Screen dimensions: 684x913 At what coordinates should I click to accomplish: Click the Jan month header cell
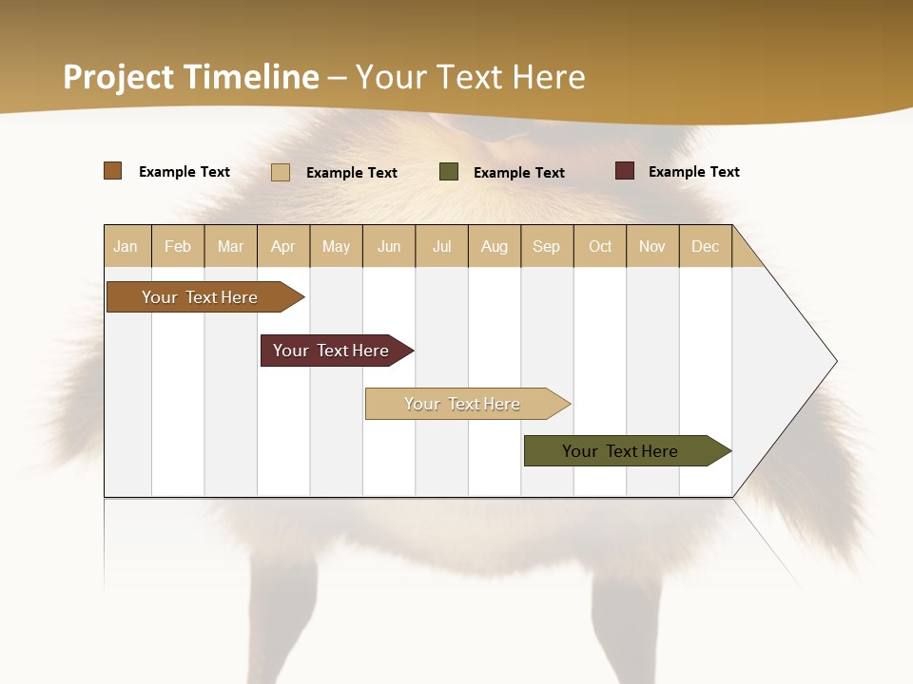pyautogui.click(x=126, y=246)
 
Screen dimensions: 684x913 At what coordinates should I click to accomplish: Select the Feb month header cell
pyautogui.click(x=178, y=246)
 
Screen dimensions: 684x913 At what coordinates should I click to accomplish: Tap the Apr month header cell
pyautogui.click(x=283, y=246)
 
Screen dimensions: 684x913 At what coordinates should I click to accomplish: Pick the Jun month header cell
pyautogui.click(x=389, y=246)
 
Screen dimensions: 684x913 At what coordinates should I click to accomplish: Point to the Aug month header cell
pyautogui.click(x=495, y=246)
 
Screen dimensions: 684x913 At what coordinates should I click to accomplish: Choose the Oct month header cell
pyautogui.click(x=600, y=246)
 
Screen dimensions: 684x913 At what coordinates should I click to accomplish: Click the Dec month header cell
pyautogui.click(x=706, y=246)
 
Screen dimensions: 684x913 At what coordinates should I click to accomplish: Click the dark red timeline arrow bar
pyautogui.click(x=333, y=351)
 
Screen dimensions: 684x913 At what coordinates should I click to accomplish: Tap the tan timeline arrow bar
pyautogui.click(x=464, y=404)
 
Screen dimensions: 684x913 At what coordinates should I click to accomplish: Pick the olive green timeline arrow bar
pyautogui.click(x=623, y=451)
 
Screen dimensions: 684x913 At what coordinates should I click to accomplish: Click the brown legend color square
pyautogui.click(x=113, y=171)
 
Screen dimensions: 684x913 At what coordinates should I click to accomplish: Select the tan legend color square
pyautogui.click(x=281, y=172)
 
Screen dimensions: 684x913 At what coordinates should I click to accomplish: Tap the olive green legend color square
pyautogui.click(x=449, y=172)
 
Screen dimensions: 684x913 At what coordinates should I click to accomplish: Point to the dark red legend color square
pyautogui.click(x=625, y=171)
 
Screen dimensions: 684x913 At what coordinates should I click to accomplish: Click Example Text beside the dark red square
pyautogui.click(x=693, y=172)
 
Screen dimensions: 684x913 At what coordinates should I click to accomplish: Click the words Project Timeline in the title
pyautogui.click(x=190, y=77)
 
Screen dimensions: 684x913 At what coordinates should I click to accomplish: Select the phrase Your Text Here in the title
pyautogui.click(x=471, y=77)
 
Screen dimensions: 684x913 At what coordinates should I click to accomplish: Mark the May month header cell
pyautogui.click(x=336, y=246)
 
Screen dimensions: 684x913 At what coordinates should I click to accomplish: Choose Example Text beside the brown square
pyautogui.click(x=185, y=172)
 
